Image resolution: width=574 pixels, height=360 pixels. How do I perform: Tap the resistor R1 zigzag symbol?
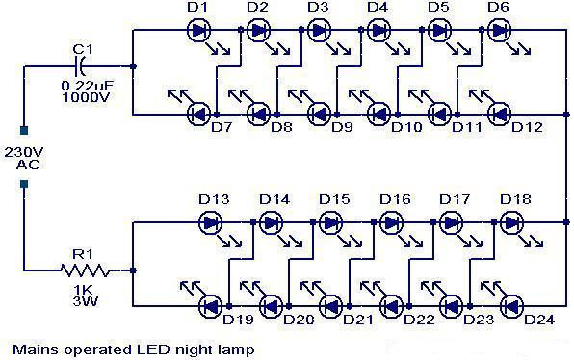(86, 270)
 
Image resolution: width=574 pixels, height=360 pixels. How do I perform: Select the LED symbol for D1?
(198, 30)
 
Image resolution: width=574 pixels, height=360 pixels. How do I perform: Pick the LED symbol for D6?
(500, 30)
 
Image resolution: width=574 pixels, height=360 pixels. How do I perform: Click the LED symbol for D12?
(500, 115)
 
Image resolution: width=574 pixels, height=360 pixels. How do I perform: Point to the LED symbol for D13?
(211, 222)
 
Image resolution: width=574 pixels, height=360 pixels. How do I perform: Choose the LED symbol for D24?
(511, 306)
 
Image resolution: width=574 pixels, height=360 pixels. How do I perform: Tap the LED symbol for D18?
(511, 222)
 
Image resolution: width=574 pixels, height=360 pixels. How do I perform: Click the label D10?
(406, 127)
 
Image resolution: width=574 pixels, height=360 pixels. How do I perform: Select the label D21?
(358, 320)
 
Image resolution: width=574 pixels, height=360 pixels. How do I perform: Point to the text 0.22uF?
(88, 87)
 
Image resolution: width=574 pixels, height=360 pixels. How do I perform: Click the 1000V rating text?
(86, 97)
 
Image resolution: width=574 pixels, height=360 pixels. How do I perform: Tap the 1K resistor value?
(83, 290)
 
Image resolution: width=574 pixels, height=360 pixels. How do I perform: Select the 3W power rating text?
(86, 301)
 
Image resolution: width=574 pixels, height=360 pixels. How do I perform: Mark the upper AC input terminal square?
(24, 130)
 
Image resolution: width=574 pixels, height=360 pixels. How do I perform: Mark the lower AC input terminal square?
(24, 184)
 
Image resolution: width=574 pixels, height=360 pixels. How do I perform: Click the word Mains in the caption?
(36, 349)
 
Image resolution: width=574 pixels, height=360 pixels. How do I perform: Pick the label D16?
(395, 199)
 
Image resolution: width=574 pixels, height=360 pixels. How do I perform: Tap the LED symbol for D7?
(198, 115)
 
